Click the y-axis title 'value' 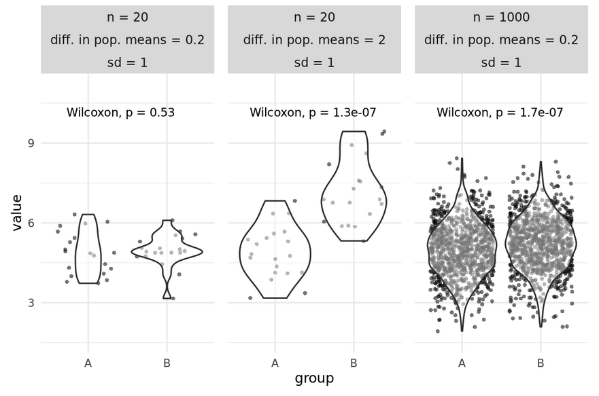(x=16, y=213)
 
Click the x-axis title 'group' (x=314, y=379)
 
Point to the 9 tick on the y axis (x=31, y=143)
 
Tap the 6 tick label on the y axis (x=31, y=223)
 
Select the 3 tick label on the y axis (x=31, y=302)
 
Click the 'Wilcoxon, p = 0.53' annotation (x=120, y=113)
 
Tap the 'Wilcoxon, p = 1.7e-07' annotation (x=500, y=113)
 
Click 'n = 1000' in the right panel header (x=501, y=17)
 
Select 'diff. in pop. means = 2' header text (x=314, y=40)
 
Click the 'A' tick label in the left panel (x=88, y=363)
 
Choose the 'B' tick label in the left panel (x=167, y=363)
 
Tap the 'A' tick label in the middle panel (x=275, y=363)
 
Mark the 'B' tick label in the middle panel (x=354, y=363)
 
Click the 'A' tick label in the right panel (x=462, y=363)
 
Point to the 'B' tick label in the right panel (x=541, y=363)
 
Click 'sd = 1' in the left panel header (x=127, y=62)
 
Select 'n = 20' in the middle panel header (x=314, y=17)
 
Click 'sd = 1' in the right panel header (x=501, y=62)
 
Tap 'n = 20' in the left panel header (x=127, y=17)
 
